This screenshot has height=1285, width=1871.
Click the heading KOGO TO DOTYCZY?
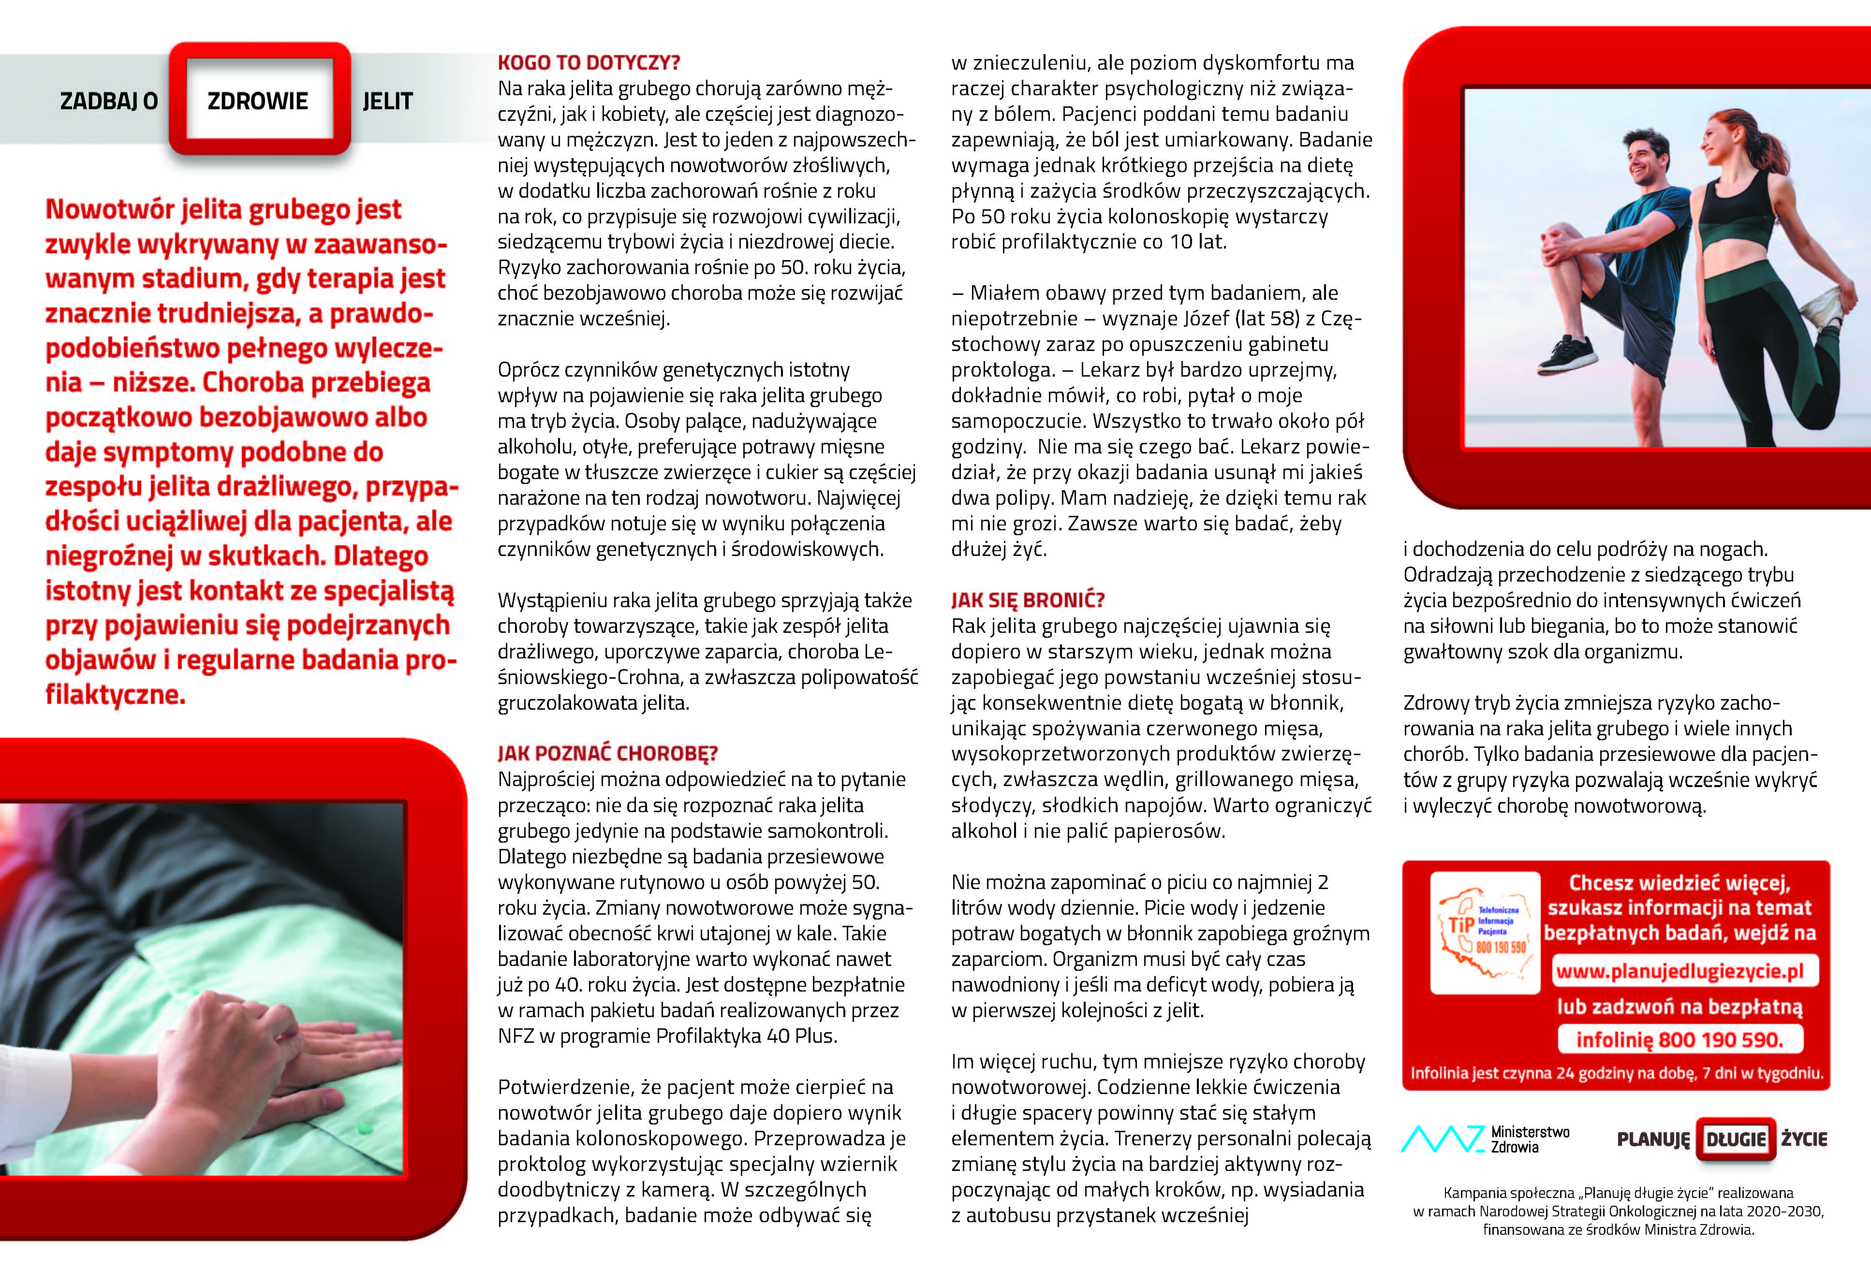[x=589, y=63]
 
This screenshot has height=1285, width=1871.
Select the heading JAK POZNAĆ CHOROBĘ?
[x=607, y=754]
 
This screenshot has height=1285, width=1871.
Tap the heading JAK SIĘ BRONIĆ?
[x=1028, y=600]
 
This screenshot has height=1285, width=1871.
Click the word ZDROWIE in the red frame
[x=258, y=102]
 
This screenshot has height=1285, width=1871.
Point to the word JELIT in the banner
[x=387, y=102]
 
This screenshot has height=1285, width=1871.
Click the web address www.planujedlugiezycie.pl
[x=1679, y=971]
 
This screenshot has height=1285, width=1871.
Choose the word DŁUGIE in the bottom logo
[x=1736, y=1139]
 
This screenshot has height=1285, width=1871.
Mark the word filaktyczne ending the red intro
[x=115, y=695]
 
